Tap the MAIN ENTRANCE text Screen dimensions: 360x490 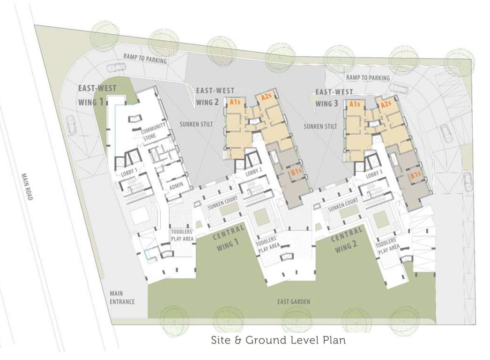(122, 298)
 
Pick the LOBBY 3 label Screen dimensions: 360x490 (374, 174)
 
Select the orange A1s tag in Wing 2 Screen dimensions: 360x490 (236, 101)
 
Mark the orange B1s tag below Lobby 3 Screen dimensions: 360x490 (415, 176)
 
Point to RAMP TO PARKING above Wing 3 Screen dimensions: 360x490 (368, 77)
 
